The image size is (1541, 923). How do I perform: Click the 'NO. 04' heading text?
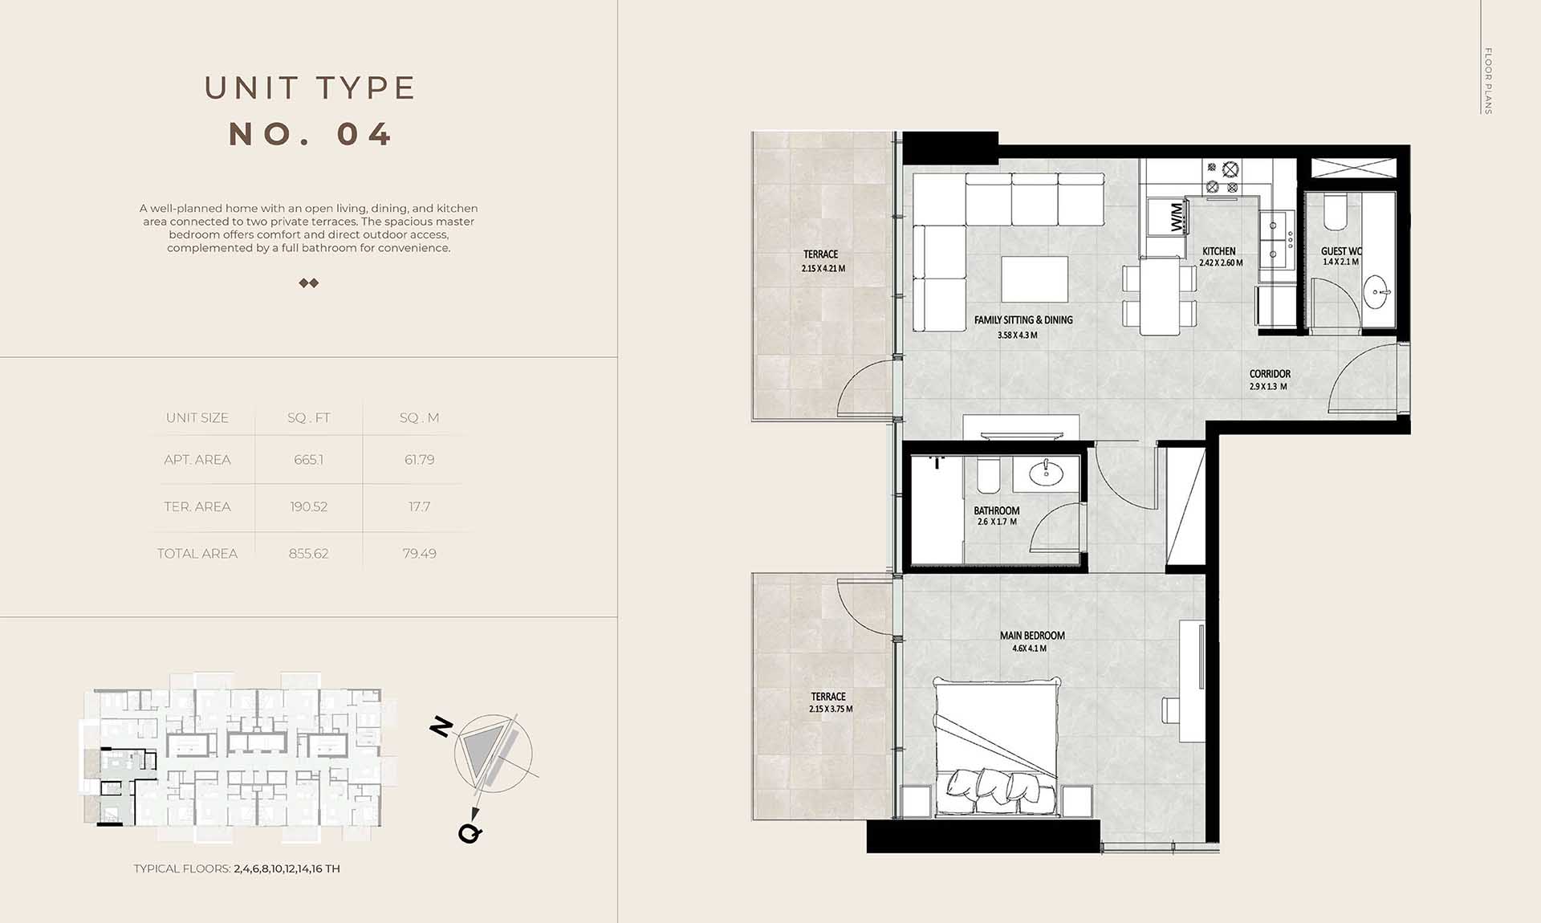click(311, 134)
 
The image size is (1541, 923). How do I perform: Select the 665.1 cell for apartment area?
click(309, 460)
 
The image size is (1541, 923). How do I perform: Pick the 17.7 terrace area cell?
click(419, 506)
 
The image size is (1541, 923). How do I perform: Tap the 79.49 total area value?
click(419, 554)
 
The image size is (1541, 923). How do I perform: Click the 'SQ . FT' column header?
click(309, 418)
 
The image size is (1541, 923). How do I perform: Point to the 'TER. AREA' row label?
click(197, 506)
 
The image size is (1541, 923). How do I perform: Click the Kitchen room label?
click(1219, 251)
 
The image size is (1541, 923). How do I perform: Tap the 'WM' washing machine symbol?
click(1176, 218)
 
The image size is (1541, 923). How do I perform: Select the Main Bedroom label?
click(1032, 636)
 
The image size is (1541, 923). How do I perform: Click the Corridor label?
click(1270, 374)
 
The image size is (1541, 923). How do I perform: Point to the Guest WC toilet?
click(1335, 210)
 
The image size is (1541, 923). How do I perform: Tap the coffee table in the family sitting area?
click(1035, 279)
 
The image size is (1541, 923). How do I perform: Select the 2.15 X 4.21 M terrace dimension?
click(823, 269)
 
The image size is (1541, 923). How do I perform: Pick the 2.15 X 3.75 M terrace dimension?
click(831, 710)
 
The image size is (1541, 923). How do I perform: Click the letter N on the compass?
click(441, 727)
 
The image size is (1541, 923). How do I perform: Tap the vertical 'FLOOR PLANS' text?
click(1487, 81)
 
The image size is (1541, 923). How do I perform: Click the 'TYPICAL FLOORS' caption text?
click(182, 868)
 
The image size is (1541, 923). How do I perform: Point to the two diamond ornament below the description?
click(309, 283)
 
